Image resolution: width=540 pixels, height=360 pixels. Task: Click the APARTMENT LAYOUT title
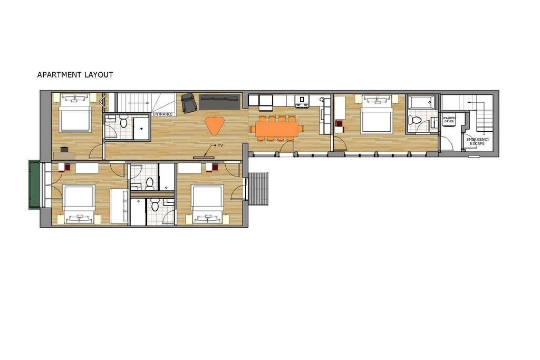75,75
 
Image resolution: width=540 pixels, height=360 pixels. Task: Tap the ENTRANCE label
163,114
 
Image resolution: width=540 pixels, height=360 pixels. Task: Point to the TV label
220,145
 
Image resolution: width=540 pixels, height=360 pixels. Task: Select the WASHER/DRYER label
449,120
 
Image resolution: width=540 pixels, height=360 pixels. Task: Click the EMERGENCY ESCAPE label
478,141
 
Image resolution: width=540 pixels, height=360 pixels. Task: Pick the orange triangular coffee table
214,125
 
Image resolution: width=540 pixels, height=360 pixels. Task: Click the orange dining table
277,129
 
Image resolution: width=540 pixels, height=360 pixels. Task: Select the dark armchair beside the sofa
189,103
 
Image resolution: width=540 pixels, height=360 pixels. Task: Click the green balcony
34,184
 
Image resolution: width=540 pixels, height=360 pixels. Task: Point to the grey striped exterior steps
258,189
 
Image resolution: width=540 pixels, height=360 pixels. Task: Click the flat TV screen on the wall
204,158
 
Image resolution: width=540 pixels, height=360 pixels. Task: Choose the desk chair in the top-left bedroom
64,150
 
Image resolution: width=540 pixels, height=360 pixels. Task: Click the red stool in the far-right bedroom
339,124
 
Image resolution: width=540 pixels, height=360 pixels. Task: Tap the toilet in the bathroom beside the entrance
124,123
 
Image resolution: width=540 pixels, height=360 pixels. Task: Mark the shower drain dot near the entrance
141,129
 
